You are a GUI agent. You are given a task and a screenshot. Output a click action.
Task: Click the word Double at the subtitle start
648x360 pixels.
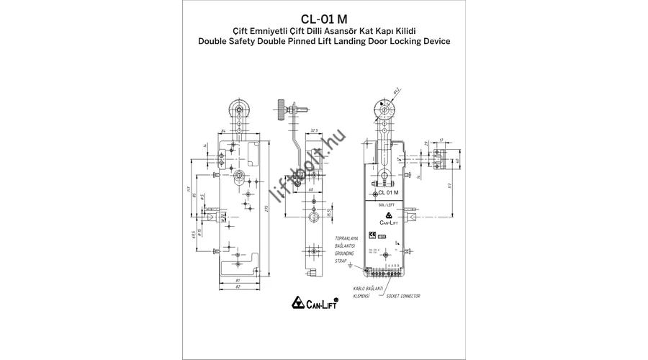pyautogui.click(x=214, y=42)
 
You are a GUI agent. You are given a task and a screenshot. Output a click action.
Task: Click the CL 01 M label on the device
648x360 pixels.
pyautogui.click(x=389, y=193)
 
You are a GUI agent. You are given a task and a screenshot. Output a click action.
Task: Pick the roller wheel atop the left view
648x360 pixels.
pyautogui.click(x=239, y=109)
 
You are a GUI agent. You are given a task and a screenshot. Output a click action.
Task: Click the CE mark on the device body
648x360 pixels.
pyautogui.click(x=373, y=234)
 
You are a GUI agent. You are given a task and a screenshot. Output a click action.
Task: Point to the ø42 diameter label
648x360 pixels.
pyautogui.click(x=397, y=91)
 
